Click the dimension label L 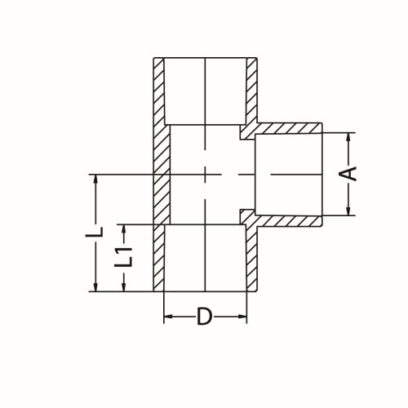[96, 232]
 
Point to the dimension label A [348, 175]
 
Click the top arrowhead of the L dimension [97, 179]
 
